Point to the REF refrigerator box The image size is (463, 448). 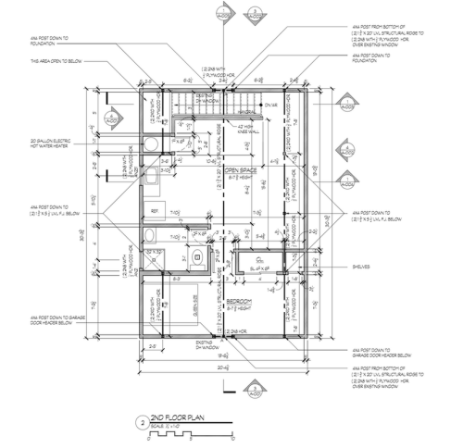click(154, 210)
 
